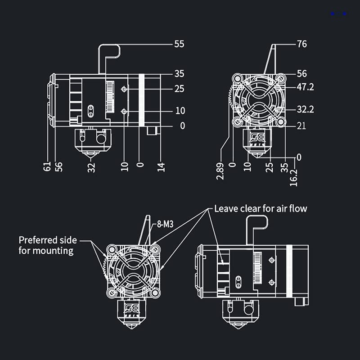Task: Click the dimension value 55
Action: click(179, 44)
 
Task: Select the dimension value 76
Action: click(302, 44)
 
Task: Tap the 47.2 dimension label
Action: click(306, 87)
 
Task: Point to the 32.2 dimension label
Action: click(306, 109)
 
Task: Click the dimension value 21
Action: click(301, 126)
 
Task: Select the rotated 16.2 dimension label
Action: click(294, 177)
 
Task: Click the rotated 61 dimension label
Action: click(47, 167)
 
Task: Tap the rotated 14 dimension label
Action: click(162, 166)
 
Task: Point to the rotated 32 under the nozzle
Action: click(92, 167)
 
